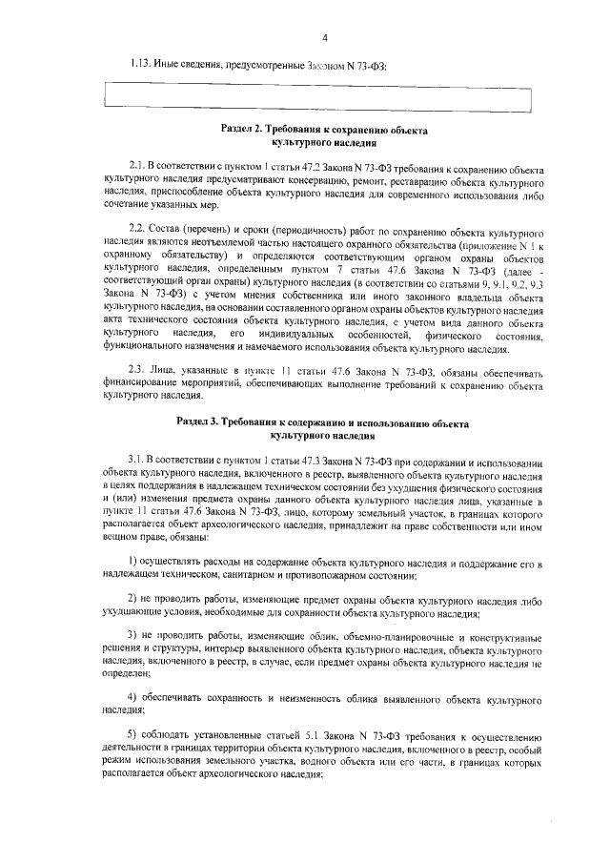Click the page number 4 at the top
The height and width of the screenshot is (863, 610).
(x=325, y=38)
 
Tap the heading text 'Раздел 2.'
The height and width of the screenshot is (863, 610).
(x=244, y=128)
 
